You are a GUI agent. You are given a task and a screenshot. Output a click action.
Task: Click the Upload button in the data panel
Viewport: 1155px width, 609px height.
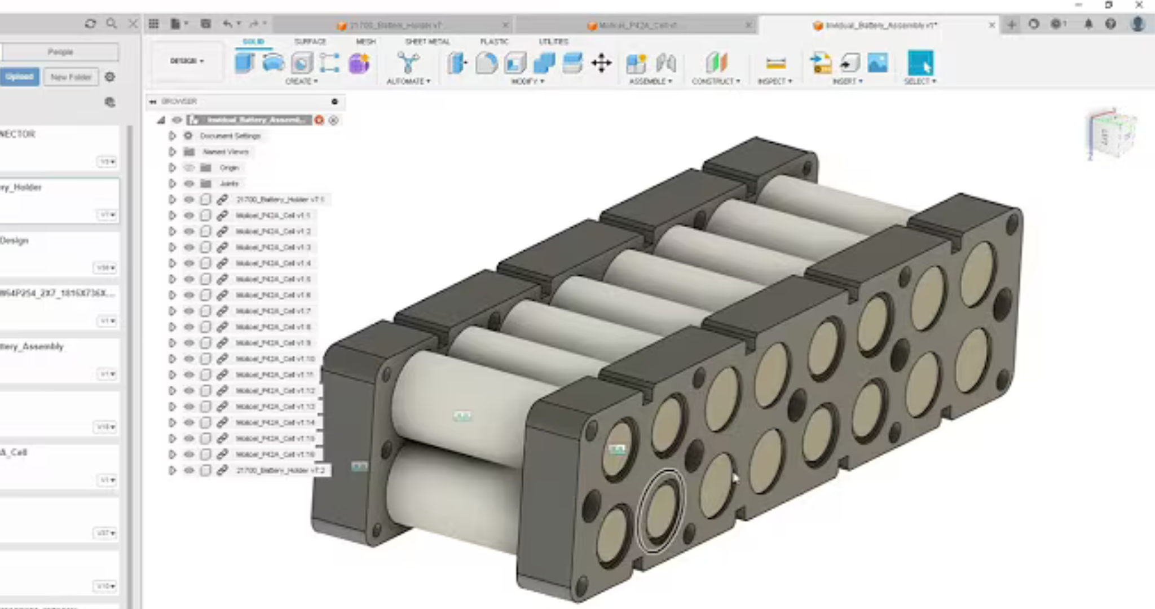pyautogui.click(x=20, y=77)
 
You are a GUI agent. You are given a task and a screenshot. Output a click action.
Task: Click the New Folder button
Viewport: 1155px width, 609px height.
pyautogui.click(x=71, y=77)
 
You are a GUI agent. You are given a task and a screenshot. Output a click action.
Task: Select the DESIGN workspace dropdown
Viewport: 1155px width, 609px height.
pyautogui.click(x=187, y=61)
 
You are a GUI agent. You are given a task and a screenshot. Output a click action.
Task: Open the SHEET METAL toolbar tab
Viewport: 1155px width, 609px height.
pyautogui.click(x=427, y=42)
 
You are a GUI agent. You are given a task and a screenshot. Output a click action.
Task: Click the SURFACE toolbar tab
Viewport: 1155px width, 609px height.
pyautogui.click(x=310, y=42)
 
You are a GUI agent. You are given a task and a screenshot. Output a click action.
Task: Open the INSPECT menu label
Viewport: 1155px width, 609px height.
pyautogui.click(x=774, y=82)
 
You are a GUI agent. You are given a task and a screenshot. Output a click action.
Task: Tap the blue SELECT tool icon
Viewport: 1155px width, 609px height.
pyautogui.click(x=920, y=63)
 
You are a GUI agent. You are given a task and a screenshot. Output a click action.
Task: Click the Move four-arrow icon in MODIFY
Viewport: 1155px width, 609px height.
pyautogui.click(x=601, y=63)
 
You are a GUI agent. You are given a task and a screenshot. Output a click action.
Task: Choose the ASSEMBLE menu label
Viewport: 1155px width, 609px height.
pyautogui.click(x=650, y=82)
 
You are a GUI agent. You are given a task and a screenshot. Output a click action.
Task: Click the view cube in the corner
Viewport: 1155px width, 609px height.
pyautogui.click(x=1111, y=134)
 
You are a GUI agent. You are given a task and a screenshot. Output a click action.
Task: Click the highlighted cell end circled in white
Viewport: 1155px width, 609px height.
pyautogui.click(x=660, y=511)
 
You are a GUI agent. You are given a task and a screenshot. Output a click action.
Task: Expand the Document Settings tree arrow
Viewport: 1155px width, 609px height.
pyautogui.click(x=173, y=136)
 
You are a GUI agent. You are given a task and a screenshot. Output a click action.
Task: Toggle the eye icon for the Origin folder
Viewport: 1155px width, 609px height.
pyautogui.click(x=189, y=167)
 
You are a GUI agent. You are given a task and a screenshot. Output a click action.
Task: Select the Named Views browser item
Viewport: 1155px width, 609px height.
pyautogui.click(x=225, y=152)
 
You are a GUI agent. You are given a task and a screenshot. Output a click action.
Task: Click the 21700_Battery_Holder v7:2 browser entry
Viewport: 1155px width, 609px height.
pyautogui.click(x=280, y=470)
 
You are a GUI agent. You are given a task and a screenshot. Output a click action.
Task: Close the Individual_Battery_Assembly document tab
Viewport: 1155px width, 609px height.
pyautogui.click(x=992, y=25)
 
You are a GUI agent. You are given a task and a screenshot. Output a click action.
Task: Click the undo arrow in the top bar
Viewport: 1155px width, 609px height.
pyautogui.click(x=227, y=24)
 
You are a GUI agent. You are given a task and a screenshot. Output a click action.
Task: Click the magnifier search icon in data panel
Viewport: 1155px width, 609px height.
pyautogui.click(x=112, y=24)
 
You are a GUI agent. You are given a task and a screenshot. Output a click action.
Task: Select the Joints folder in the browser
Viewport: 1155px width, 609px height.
pyautogui.click(x=228, y=183)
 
